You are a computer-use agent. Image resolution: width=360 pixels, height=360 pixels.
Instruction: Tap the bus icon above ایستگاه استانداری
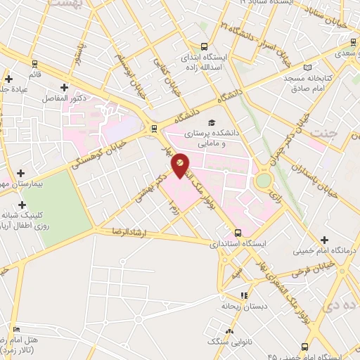point(238,233)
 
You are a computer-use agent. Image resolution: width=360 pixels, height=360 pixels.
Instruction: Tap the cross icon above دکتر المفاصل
point(65,88)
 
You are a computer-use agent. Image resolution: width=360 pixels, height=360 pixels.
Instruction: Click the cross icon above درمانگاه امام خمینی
point(324,240)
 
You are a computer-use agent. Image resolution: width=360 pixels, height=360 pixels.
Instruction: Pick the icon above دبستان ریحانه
point(244,296)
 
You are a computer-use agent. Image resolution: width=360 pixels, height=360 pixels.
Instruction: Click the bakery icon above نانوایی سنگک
point(229,331)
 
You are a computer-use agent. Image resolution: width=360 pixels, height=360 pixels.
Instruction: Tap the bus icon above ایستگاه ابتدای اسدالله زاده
point(205,45)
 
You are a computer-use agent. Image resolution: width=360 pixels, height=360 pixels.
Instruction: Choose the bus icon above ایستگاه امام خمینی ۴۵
point(304,346)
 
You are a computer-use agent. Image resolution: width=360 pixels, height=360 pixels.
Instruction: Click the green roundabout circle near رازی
point(263,181)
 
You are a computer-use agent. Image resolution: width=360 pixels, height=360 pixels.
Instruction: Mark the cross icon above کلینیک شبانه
point(22,204)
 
